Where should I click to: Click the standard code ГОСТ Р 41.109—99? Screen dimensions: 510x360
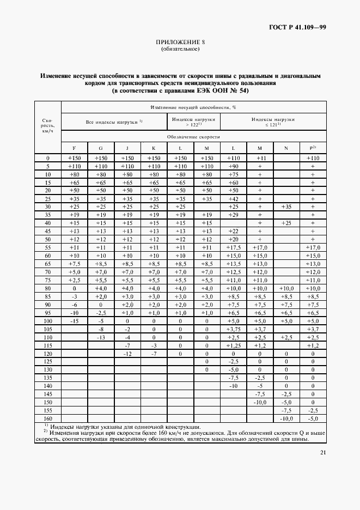pyautogui.click(x=297, y=27)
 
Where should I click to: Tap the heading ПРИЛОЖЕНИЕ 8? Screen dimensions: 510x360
pyautogui.click(x=180, y=42)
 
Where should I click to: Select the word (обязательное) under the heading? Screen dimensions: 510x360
pyautogui.click(x=180, y=49)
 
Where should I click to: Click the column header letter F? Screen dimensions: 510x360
pyautogui.click(x=74, y=148)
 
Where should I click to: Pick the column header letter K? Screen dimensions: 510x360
pyautogui.click(x=154, y=148)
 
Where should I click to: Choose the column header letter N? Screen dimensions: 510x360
pyautogui.click(x=286, y=148)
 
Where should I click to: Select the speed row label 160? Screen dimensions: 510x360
pyautogui.click(x=48, y=418)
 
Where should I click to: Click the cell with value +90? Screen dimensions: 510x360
pyautogui.click(x=234, y=166)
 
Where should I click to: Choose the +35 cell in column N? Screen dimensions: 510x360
pyautogui.click(x=286, y=207)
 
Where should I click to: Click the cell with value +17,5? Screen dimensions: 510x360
pyautogui.click(x=234, y=247)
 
